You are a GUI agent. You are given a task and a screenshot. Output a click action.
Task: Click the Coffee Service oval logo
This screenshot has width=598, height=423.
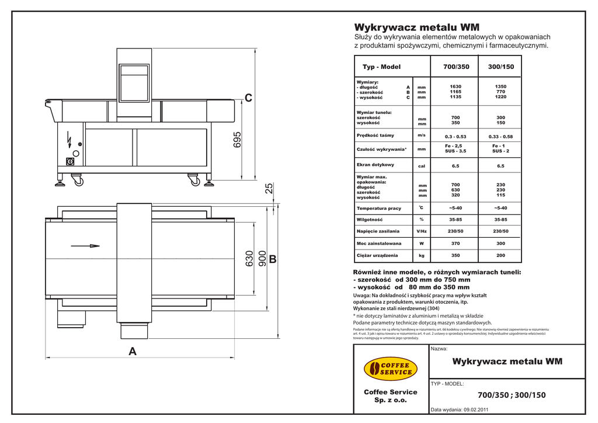click(391, 368)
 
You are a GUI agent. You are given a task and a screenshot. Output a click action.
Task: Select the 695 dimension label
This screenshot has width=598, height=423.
click(238, 140)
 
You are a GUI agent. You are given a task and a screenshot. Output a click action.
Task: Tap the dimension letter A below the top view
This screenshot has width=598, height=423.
click(133, 352)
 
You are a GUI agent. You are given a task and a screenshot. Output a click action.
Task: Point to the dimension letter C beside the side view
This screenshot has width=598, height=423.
click(249, 98)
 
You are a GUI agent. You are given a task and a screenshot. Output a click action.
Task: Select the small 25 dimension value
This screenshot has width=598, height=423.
click(269, 188)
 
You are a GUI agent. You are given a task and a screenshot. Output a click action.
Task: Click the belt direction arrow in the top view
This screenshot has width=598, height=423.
click(86, 245)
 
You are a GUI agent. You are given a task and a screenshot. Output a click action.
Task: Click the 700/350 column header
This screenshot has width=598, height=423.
click(456, 67)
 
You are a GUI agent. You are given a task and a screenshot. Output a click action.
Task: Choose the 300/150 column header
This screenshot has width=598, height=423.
click(500, 67)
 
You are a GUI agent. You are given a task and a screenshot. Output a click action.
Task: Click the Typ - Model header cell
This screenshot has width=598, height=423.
click(381, 67)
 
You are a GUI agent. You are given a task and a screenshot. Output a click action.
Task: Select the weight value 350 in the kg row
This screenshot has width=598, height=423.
click(456, 255)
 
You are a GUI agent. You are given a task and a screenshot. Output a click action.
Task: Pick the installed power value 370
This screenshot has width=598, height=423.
click(456, 243)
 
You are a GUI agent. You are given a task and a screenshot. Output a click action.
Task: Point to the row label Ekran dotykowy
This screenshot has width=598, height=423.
click(376, 165)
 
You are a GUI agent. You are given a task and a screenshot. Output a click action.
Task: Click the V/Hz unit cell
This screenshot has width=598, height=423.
click(421, 231)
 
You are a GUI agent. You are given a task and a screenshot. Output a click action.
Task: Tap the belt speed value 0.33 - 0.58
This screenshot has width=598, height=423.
click(500, 136)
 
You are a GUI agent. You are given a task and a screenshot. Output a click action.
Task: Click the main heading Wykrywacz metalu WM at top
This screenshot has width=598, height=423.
click(417, 27)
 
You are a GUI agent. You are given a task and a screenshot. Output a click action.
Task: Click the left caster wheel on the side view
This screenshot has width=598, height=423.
click(77, 181)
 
